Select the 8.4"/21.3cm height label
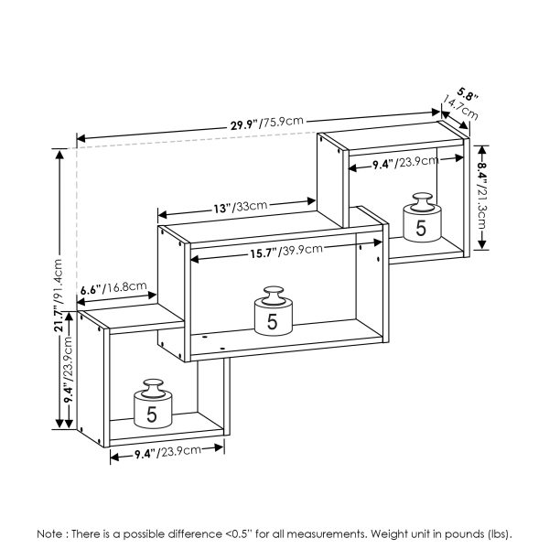[x=485, y=193]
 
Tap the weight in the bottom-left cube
[x=151, y=404]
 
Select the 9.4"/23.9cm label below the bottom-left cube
[x=167, y=453]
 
